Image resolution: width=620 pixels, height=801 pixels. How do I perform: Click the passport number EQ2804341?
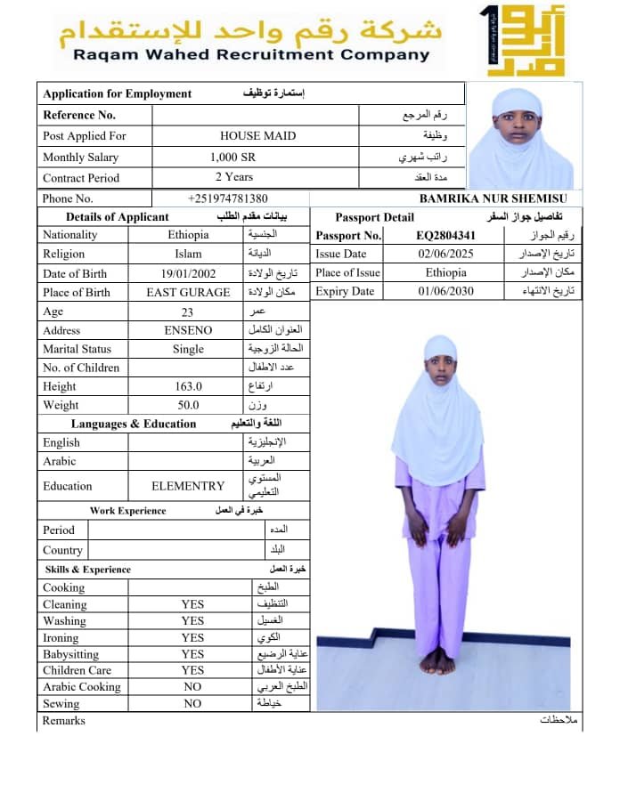(x=446, y=236)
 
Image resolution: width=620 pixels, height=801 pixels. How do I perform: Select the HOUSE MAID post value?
(x=258, y=136)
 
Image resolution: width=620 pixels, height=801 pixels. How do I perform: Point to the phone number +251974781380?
(x=228, y=198)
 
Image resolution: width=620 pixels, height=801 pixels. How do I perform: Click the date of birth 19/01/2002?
(x=188, y=273)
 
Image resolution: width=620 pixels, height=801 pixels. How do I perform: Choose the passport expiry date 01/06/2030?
(x=446, y=292)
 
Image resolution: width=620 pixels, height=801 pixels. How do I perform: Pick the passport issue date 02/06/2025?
(x=446, y=255)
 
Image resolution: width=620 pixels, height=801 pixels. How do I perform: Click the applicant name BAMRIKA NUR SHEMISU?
(x=499, y=198)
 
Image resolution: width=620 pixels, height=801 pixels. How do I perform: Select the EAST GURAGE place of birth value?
(x=188, y=292)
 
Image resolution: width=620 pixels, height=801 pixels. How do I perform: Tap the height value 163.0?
(x=188, y=386)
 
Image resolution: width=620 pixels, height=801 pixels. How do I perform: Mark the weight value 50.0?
(x=188, y=405)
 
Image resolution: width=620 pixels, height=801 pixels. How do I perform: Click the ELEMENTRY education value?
(x=188, y=486)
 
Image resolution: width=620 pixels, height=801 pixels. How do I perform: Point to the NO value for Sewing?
(x=192, y=703)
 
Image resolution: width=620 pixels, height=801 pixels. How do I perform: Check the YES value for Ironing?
(x=192, y=637)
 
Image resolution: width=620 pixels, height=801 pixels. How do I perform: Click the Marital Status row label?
(x=77, y=349)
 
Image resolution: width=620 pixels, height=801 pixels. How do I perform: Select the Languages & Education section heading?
(x=134, y=424)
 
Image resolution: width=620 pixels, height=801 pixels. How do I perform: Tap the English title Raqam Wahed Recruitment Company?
(x=251, y=55)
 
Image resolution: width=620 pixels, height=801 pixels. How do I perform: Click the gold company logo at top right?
(x=513, y=40)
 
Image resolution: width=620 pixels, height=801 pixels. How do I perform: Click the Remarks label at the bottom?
(x=64, y=720)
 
